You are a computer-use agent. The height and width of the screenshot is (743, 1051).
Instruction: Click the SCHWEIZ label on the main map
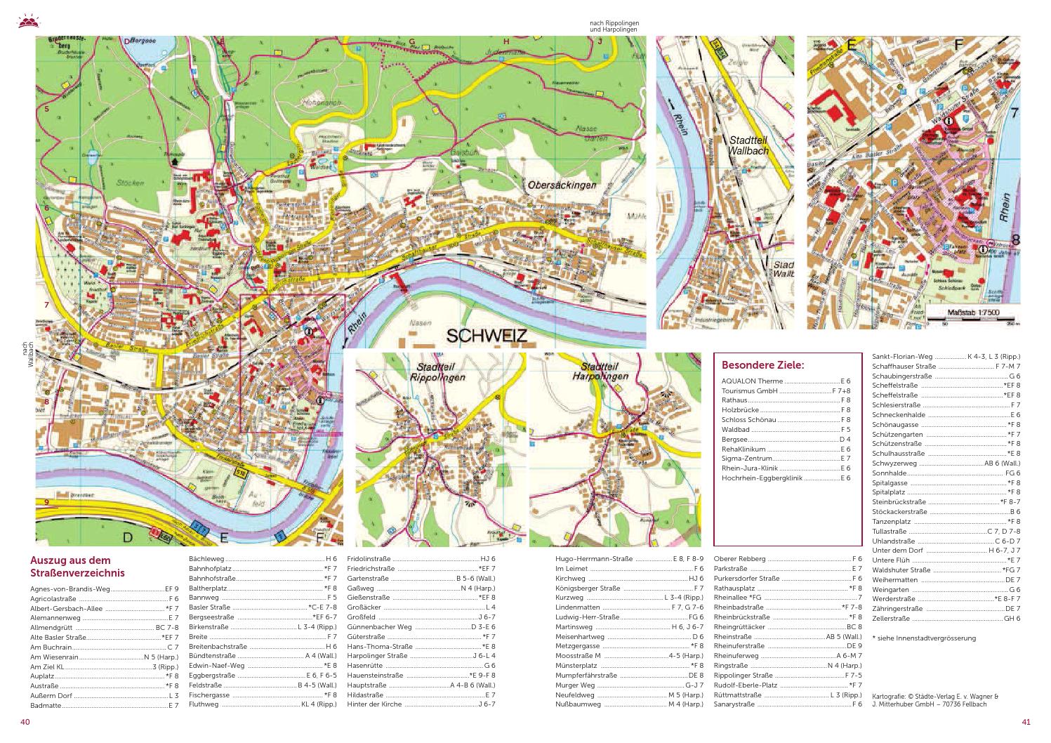pos(481,336)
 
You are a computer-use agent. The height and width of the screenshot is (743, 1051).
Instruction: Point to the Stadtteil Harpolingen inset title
pos(604,371)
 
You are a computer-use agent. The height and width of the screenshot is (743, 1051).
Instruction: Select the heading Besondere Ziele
pos(762,365)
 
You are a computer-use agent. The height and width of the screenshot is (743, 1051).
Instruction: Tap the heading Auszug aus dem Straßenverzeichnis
pos(77,567)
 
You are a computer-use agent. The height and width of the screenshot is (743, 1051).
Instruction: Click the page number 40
pos(25,722)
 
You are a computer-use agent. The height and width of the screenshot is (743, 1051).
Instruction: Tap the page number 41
pos(1026,722)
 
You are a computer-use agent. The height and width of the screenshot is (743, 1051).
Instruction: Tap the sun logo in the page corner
pos(27,20)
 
